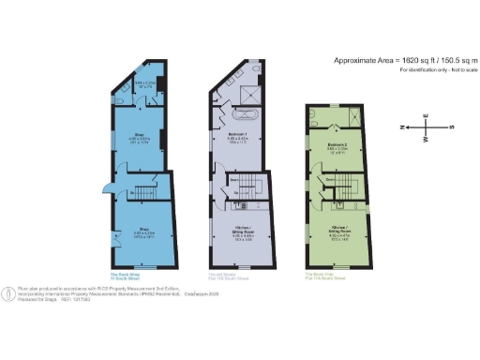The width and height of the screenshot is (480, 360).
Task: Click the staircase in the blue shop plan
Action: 144,188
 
